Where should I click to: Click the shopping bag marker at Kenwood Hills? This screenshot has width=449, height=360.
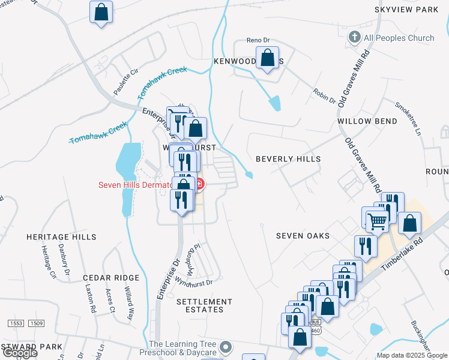[x=268, y=59]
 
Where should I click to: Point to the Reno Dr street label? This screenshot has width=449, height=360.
[x=259, y=40]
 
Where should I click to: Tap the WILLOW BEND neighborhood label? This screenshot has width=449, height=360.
[x=367, y=121]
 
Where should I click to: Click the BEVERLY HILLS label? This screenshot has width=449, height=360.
[x=288, y=159]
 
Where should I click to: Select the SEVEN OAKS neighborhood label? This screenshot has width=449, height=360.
[x=303, y=236]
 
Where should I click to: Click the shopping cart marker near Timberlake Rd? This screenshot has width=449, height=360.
[x=377, y=221]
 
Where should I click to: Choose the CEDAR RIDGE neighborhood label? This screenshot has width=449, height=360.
[x=111, y=278]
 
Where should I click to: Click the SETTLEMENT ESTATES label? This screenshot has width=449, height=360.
[x=205, y=305]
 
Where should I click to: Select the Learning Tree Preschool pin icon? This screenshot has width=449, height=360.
[x=226, y=347]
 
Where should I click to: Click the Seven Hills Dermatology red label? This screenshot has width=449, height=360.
[x=135, y=185]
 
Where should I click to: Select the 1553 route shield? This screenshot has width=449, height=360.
[x=16, y=323]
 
